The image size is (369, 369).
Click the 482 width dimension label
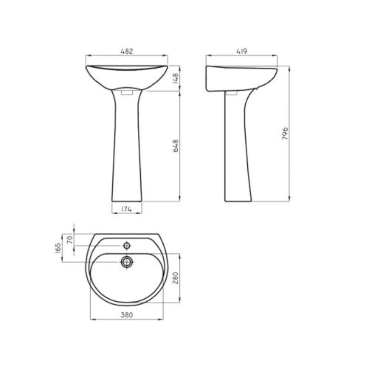[x=127, y=51]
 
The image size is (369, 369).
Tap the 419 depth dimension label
[x=242, y=51]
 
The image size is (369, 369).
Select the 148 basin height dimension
[x=176, y=78]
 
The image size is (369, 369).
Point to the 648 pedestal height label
[x=176, y=146]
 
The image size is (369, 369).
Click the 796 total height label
[x=285, y=134]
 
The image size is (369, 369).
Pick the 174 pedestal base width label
[x=127, y=209]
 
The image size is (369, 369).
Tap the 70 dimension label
[x=70, y=240]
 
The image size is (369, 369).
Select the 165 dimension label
[x=58, y=248]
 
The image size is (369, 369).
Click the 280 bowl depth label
[x=176, y=278]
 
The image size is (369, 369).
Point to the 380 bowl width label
[x=127, y=315]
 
